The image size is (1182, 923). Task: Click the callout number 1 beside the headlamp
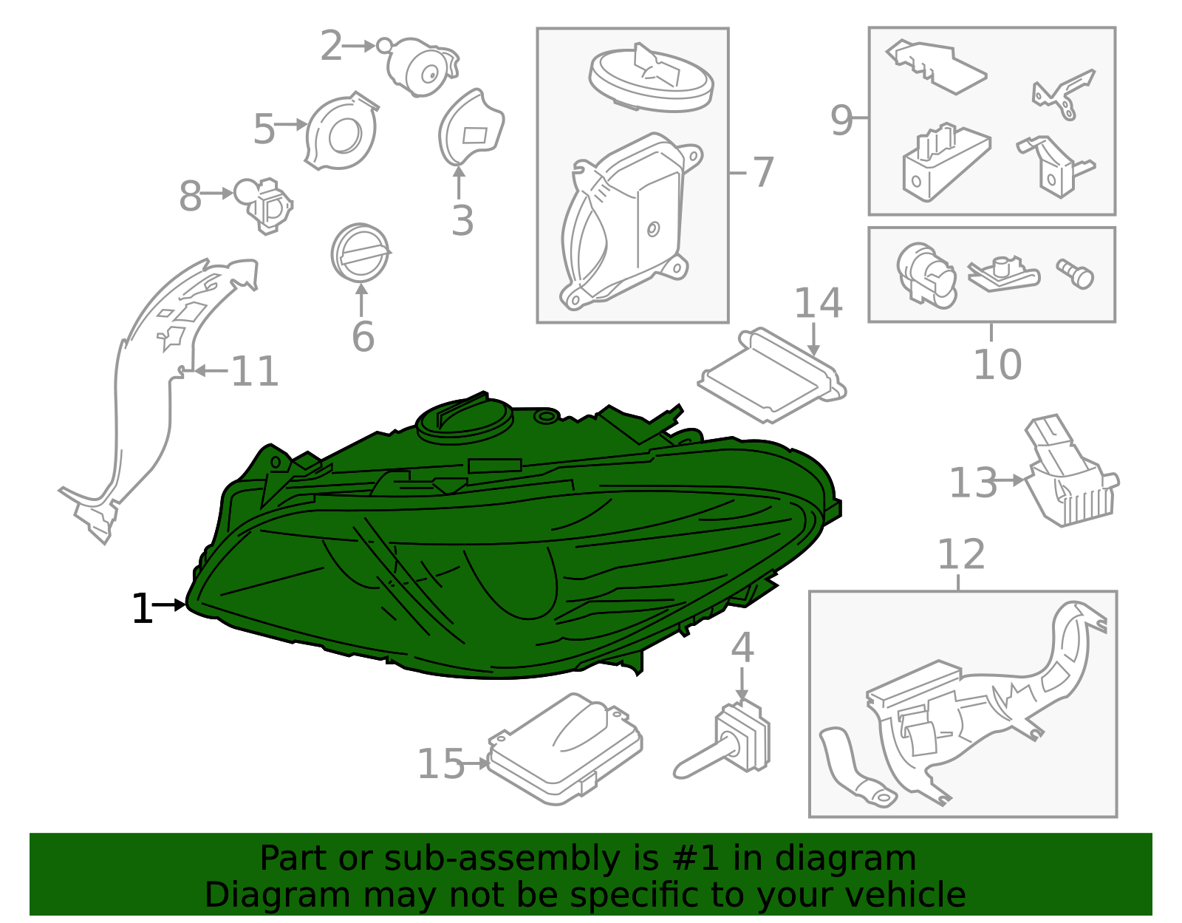click(x=142, y=608)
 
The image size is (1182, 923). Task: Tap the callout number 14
click(x=818, y=302)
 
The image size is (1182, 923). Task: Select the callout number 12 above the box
click(x=961, y=554)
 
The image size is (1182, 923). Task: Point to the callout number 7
click(x=762, y=172)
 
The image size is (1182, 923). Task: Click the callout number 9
click(x=841, y=120)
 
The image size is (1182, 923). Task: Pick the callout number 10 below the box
click(x=997, y=364)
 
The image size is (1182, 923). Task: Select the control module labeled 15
click(x=564, y=749)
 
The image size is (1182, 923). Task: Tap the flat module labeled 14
click(x=771, y=375)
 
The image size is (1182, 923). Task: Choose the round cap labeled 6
click(x=360, y=253)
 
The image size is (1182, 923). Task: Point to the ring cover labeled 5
click(x=341, y=131)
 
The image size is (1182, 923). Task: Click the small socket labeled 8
click(x=264, y=205)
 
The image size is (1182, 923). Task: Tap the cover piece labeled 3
click(x=470, y=126)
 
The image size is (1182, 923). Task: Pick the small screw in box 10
click(x=1075, y=273)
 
